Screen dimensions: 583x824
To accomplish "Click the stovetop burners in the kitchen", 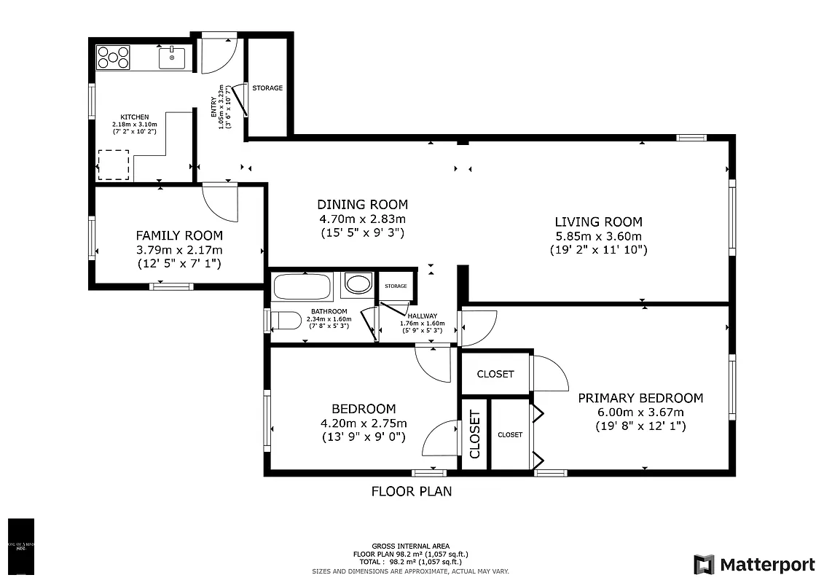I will (x=114, y=57).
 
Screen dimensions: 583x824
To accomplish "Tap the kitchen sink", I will (x=172, y=57).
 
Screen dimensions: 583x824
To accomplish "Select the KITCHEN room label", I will (x=135, y=117).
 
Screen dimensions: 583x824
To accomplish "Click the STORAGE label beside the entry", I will (x=267, y=88).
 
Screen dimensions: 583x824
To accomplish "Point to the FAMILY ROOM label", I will (x=179, y=235).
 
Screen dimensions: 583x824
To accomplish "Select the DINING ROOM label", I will (x=362, y=205).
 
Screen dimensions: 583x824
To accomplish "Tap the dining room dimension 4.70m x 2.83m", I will (x=362, y=219).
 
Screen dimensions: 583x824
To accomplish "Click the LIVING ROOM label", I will (x=598, y=222).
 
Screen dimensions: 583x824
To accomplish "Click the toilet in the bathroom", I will (x=286, y=320).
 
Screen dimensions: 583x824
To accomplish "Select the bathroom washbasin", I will (x=357, y=283).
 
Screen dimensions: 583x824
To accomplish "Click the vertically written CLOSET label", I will (x=474, y=434).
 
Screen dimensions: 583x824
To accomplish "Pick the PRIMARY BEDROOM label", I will (x=640, y=398).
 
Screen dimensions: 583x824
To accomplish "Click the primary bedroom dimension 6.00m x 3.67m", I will (x=640, y=412).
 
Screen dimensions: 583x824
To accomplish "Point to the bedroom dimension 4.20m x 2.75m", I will (x=364, y=423).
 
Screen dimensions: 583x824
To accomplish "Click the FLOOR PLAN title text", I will (x=412, y=491).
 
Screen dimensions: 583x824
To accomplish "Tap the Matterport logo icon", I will (x=704, y=564).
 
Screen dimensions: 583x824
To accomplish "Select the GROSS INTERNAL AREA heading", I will (x=411, y=546).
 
